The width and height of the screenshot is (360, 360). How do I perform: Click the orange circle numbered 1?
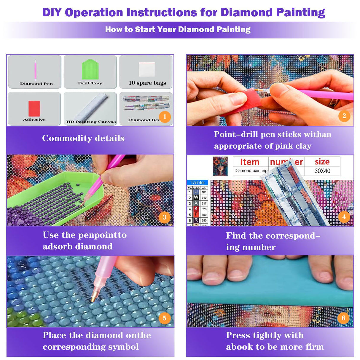(165, 117)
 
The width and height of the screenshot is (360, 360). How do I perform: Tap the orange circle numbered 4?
(344, 217)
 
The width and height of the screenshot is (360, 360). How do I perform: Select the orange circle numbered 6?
(343, 318)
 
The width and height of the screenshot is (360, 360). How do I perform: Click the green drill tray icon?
(90, 70)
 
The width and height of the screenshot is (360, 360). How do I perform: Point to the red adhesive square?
(34, 108)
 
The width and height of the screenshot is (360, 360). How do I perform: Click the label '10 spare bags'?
(147, 83)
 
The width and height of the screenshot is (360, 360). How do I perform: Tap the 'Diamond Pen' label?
(36, 84)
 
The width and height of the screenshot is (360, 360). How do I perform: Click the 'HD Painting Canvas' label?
(91, 122)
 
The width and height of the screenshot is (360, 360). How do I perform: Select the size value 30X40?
(322, 171)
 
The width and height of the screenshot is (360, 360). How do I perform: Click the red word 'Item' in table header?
(249, 162)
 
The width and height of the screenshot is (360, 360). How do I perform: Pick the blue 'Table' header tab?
(197, 183)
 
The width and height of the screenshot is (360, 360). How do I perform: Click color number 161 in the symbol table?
(204, 192)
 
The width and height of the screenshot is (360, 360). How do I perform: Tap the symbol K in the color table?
(196, 209)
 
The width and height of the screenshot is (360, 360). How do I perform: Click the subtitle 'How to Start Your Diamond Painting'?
(178, 29)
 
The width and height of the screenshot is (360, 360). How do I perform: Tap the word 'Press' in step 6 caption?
(238, 335)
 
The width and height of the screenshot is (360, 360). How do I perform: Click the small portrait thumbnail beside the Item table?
(220, 166)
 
